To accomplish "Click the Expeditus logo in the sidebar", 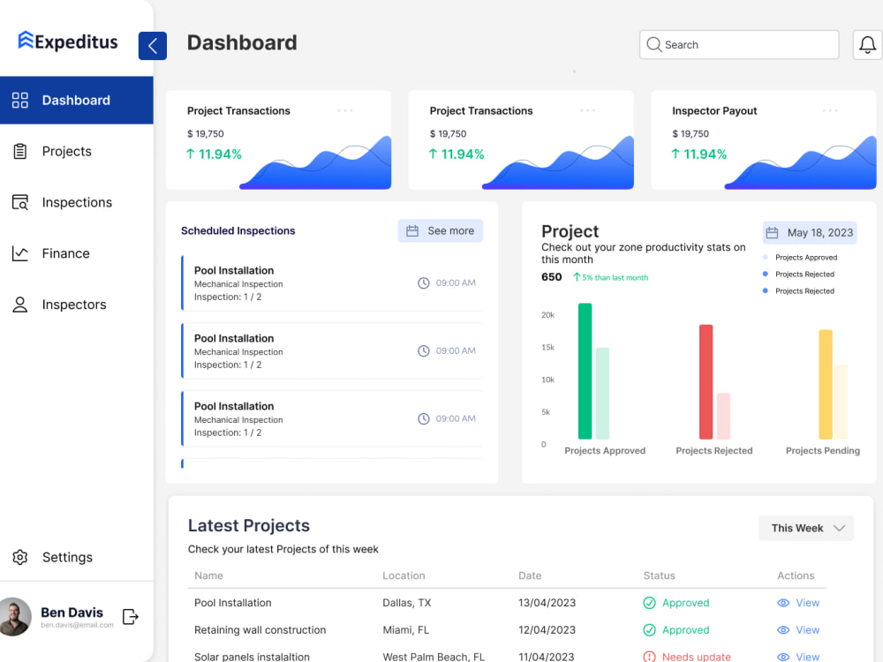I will coord(68,41).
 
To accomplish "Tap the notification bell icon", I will coord(867,45).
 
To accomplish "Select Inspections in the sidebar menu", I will coord(77,202).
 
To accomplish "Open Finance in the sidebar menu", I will coord(65,253).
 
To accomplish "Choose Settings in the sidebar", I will coord(67,557).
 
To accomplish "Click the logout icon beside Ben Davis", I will coord(131,617).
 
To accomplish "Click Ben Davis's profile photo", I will coord(15,617).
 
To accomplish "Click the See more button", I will coord(441,230).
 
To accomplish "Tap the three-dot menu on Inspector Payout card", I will coord(830,110).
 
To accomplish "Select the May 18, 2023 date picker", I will coord(810,233).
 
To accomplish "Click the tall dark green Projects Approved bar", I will coord(585,371).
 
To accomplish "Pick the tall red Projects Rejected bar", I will coord(706,381).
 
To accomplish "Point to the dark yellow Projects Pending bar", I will coord(826,384).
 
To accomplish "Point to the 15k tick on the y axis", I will coord(547,348).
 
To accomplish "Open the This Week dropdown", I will coord(806,528).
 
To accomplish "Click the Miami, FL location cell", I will coord(405,630).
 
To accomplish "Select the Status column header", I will coord(659,575).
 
